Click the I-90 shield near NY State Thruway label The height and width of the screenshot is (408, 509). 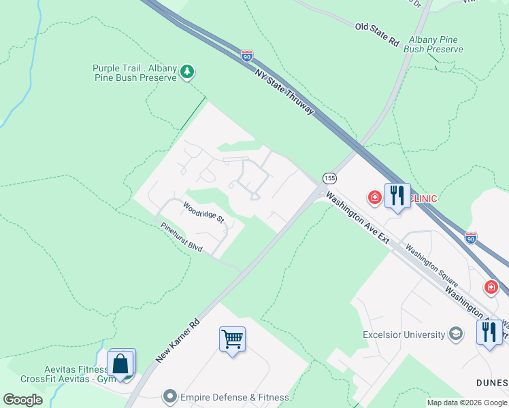[x=246, y=56]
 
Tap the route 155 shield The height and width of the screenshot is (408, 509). [x=329, y=178]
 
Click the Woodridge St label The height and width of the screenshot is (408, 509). [x=203, y=211]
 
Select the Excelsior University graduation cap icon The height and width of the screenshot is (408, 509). [x=455, y=334]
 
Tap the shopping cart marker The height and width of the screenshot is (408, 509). [x=232, y=338]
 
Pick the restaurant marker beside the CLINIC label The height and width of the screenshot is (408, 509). [x=397, y=196]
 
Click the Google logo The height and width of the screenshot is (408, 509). [x=22, y=400]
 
